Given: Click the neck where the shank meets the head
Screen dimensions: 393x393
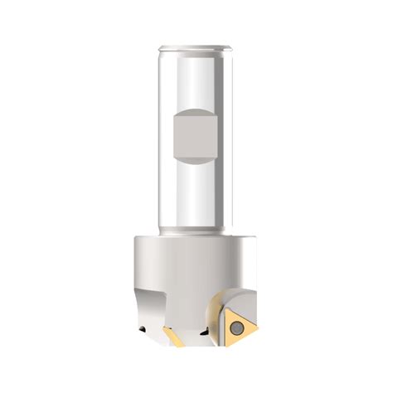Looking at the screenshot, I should [x=196, y=232].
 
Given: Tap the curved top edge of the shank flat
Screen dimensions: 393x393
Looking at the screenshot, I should [x=196, y=109].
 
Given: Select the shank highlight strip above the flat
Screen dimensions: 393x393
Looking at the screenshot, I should [x=196, y=79].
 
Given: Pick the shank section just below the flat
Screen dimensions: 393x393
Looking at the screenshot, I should [x=196, y=195].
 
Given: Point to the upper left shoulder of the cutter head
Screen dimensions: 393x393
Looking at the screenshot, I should [x=138, y=241].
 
